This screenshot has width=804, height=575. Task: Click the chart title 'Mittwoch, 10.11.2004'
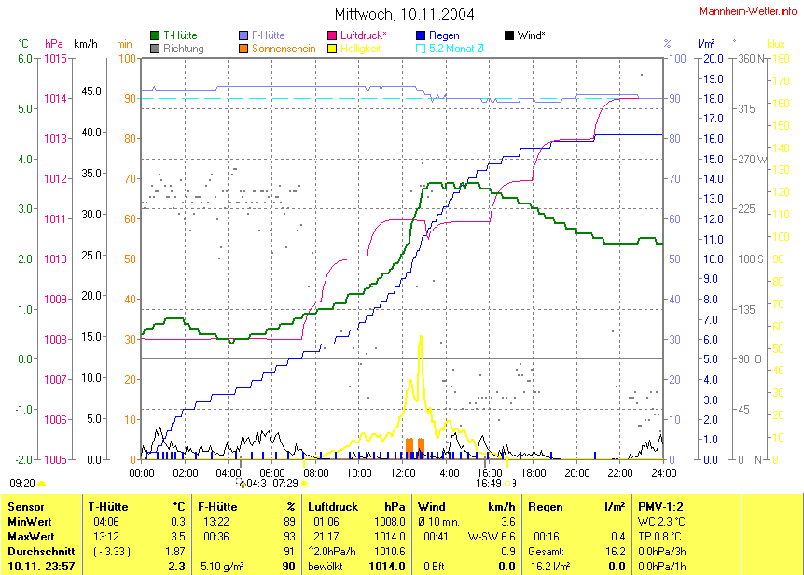404,14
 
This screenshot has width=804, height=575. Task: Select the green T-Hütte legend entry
178,35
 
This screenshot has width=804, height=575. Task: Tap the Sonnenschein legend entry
277,47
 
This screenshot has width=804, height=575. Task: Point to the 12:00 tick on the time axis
403,473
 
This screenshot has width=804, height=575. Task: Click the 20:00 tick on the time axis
576,473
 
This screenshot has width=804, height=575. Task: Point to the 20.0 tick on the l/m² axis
712,58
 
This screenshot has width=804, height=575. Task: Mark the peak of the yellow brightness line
421,336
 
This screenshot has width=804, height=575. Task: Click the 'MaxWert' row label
31,537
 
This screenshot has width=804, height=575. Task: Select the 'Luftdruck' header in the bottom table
332,506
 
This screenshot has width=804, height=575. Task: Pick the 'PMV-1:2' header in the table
660,506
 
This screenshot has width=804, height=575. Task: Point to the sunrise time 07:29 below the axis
284,484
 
